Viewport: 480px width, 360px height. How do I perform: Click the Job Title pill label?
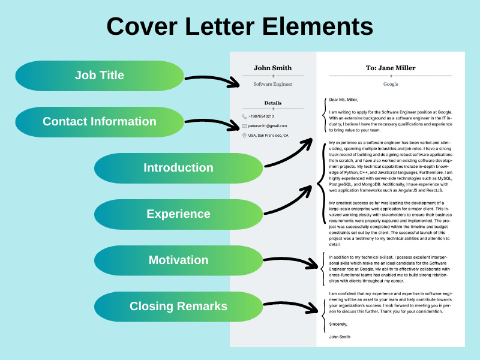[x=100, y=76]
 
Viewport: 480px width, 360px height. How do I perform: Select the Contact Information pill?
[x=100, y=122]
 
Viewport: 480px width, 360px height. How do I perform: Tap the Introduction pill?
[x=178, y=168]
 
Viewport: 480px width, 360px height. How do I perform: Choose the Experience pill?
[x=178, y=214]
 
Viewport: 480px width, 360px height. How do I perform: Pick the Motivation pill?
[x=178, y=260]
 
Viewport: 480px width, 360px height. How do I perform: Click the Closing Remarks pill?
[x=178, y=307]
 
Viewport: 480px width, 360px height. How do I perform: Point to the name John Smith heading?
[x=273, y=68]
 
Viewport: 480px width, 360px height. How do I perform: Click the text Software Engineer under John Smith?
[x=273, y=84]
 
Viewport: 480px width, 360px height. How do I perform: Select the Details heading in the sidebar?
[x=273, y=103]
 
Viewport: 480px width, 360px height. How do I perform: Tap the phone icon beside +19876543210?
[x=244, y=116]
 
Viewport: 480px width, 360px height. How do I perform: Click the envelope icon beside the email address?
[x=244, y=126]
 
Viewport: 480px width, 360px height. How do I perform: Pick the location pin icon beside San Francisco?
[x=244, y=136]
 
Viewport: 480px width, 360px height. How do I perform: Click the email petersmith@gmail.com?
[x=268, y=126]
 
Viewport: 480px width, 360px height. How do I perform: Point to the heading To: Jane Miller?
[x=391, y=68]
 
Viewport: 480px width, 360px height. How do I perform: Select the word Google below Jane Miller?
[x=391, y=84]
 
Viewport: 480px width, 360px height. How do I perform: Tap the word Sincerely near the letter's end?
[x=338, y=324]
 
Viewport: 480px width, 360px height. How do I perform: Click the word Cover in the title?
[x=142, y=26]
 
